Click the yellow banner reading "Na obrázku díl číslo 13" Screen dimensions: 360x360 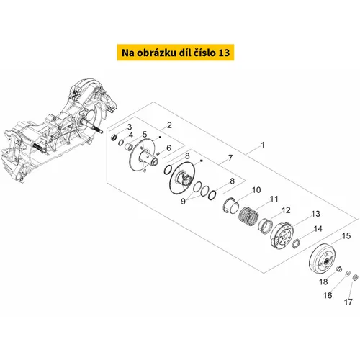pos(176,53)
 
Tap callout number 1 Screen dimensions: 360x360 pos(263,145)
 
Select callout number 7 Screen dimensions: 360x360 pos(230,158)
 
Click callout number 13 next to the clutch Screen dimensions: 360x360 pos(315,214)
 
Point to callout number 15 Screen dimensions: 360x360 pos(346,236)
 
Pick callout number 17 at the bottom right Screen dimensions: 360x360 pos(348,302)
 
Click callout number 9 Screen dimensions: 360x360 pos(183,202)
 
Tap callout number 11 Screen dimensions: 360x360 pos(274,199)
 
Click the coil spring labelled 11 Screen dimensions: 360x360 pos(248,216)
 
